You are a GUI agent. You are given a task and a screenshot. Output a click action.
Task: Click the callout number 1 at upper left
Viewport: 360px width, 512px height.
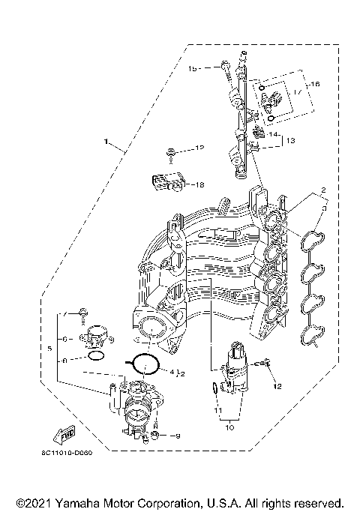tap(106, 140)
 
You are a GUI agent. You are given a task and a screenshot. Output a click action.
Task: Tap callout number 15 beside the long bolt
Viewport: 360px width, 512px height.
tap(192, 68)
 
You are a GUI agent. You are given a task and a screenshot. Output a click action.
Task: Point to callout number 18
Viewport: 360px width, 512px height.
tap(199, 184)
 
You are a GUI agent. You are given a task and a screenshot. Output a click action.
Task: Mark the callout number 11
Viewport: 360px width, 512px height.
tap(217, 412)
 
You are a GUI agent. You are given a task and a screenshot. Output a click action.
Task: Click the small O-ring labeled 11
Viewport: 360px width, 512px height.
tap(216, 388)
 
